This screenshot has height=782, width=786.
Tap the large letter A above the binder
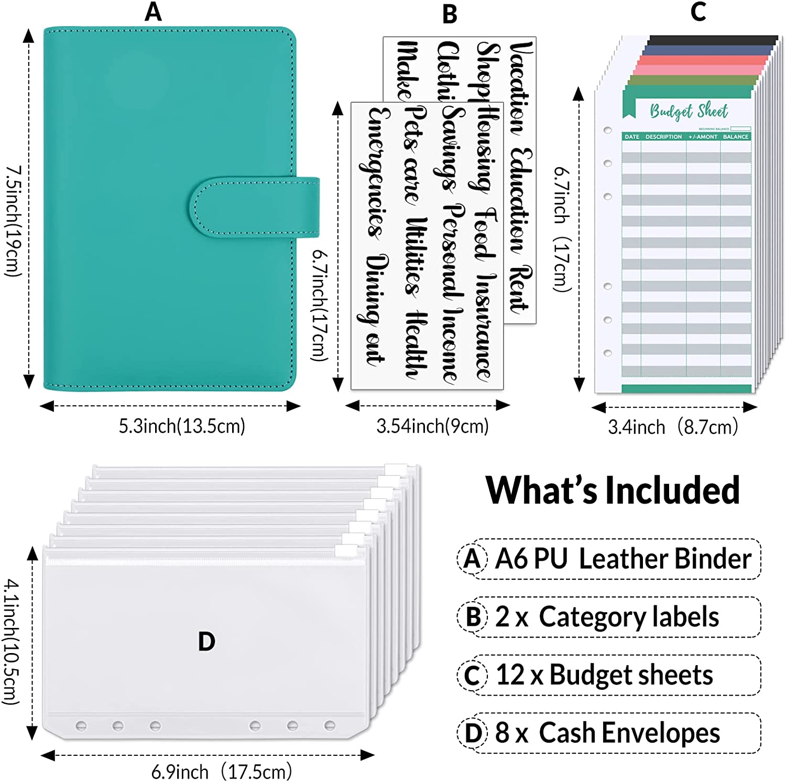point(153,12)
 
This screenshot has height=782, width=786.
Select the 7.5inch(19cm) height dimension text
point(13,221)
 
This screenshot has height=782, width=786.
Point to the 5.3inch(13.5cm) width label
point(182,426)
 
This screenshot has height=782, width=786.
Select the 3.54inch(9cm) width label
point(432,426)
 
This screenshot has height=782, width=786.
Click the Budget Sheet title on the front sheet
point(689,111)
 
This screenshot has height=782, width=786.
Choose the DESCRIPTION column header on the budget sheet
point(663,137)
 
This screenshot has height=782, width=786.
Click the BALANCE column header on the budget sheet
point(735,137)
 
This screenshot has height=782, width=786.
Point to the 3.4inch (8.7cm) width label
point(673,427)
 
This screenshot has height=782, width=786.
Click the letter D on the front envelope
point(206,642)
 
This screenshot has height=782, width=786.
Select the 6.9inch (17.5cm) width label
point(221,772)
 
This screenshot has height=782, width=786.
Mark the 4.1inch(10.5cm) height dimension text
point(12,642)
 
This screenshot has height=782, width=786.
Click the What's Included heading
point(613,491)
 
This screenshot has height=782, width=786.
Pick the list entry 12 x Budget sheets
point(604,675)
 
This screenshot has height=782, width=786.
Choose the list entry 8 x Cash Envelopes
point(607,733)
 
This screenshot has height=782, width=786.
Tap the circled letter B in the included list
point(473,617)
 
